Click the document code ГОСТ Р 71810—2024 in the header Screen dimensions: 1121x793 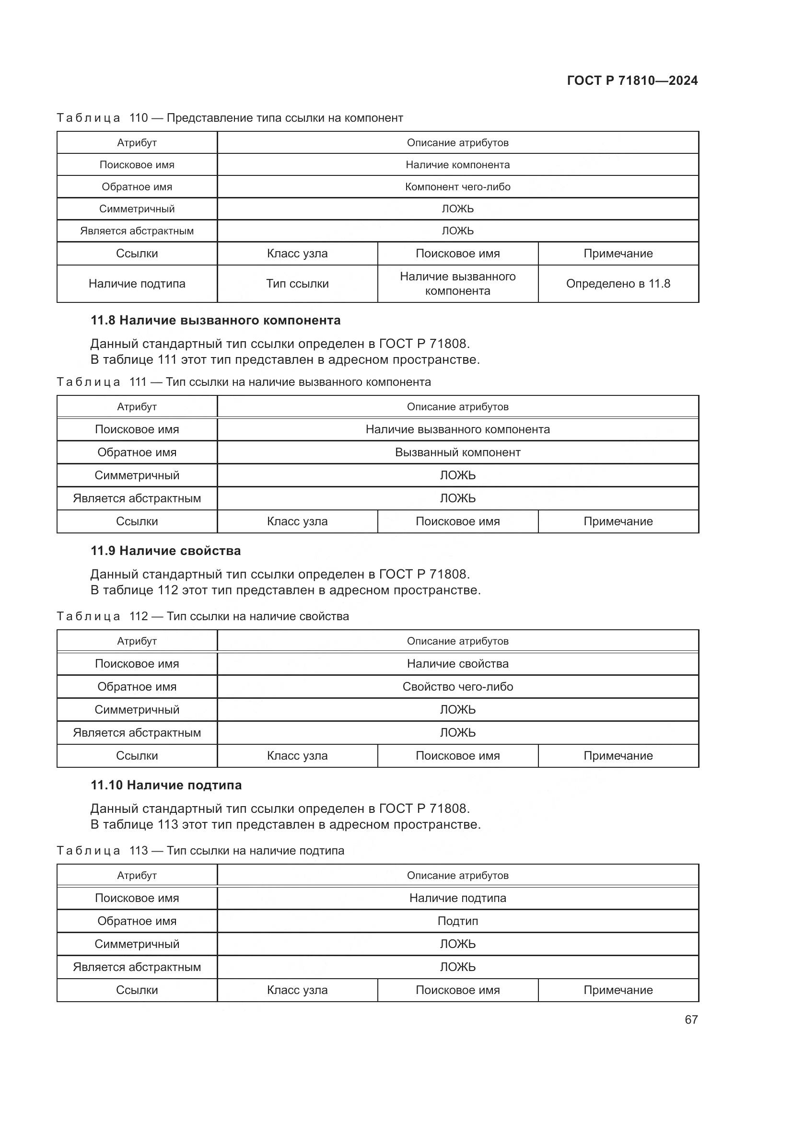pyautogui.click(x=632, y=81)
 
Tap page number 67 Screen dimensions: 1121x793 pyautogui.click(x=691, y=1019)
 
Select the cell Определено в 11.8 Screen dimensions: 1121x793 pyautogui.click(x=618, y=284)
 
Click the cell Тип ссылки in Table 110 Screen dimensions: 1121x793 pyautogui.click(x=297, y=284)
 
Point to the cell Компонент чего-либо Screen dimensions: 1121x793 pyautogui.click(x=457, y=187)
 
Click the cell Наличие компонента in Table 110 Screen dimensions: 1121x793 pyautogui.click(x=457, y=165)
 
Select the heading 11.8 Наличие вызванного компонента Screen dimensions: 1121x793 pyautogui.click(x=215, y=320)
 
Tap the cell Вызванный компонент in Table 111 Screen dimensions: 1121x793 pyautogui.click(x=457, y=452)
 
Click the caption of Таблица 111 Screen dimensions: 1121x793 pyautogui.click(x=244, y=382)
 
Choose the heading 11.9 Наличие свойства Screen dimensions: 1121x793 pyautogui.click(x=165, y=551)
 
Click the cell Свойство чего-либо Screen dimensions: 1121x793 pyautogui.click(x=457, y=687)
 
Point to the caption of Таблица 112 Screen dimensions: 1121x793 pyautogui.click(x=203, y=616)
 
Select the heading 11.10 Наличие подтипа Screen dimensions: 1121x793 pyautogui.click(x=166, y=785)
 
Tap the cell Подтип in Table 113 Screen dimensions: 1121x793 pyautogui.click(x=457, y=921)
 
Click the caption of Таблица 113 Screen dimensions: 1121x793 pyautogui.click(x=200, y=851)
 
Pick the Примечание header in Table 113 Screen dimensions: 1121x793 pyautogui.click(x=618, y=990)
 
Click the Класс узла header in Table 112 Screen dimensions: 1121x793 pyautogui.click(x=297, y=756)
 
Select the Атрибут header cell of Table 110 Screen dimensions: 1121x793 pyautogui.click(x=137, y=142)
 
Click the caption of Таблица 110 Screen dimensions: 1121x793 pyautogui.click(x=230, y=118)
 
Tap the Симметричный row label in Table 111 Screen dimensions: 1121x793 pyautogui.click(x=137, y=475)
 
